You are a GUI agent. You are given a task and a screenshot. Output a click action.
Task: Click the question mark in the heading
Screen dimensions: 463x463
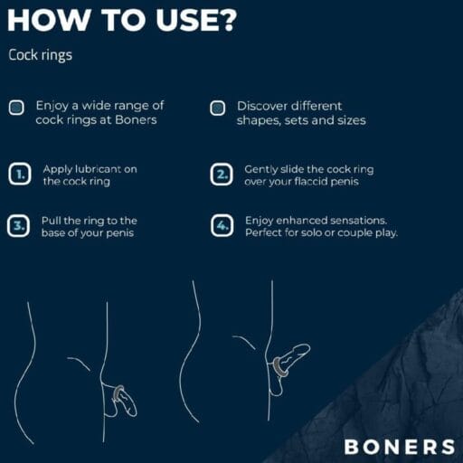(x=225, y=20)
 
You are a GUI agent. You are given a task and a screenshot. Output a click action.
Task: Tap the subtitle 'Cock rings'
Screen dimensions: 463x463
(x=41, y=55)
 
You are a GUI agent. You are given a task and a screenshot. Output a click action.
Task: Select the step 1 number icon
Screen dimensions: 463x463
(x=20, y=174)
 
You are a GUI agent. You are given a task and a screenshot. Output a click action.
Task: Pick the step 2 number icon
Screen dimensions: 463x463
(x=222, y=175)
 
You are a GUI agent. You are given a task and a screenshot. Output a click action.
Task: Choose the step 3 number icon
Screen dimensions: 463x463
(x=18, y=225)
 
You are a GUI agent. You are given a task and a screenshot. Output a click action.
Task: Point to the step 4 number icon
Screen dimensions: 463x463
(x=222, y=225)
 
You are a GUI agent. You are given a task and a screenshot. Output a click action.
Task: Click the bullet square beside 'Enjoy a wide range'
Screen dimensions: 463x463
(x=16, y=108)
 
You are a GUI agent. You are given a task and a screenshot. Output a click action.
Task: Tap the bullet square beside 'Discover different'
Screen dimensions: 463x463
(x=217, y=108)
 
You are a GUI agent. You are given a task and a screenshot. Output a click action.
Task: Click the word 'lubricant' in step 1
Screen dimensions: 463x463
(x=98, y=169)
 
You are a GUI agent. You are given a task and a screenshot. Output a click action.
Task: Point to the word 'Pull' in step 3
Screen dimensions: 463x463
(x=52, y=221)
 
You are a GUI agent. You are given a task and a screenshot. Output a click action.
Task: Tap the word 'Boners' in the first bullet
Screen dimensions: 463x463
(x=136, y=120)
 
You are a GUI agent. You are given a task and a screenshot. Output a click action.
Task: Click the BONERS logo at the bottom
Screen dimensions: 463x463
(x=400, y=447)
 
